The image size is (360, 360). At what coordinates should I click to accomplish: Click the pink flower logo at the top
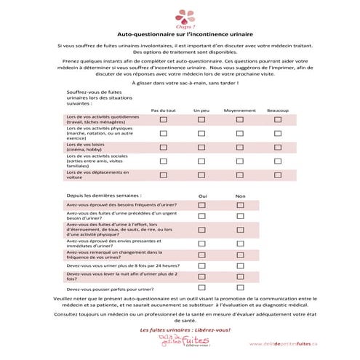pyautogui.click(x=179, y=15)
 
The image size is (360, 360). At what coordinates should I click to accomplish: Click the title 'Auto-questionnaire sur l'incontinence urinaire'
pyautogui.click(x=180, y=33)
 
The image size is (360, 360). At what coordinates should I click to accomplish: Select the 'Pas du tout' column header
pyautogui.click(x=163, y=110)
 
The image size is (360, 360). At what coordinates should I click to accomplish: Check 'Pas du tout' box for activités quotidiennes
pyautogui.click(x=163, y=120)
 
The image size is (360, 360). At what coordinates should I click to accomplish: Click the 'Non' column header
pyautogui.click(x=240, y=196)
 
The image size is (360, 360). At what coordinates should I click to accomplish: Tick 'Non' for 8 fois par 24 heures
pyautogui.click(x=240, y=265)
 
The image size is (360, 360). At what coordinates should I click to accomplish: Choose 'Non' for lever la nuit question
pyautogui.click(x=240, y=277)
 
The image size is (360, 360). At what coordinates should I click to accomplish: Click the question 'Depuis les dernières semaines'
pyautogui.click(x=103, y=196)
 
